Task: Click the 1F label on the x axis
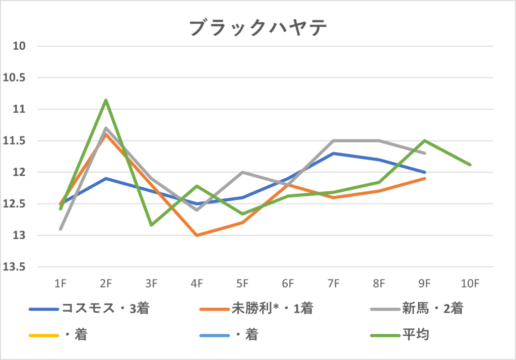click(x=60, y=284)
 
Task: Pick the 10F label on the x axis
click(x=470, y=284)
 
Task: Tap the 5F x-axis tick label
click(x=242, y=284)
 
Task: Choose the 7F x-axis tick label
click(x=334, y=284)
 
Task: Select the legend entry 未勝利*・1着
click(x=273, y=308)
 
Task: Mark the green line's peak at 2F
click(x=106, y=100)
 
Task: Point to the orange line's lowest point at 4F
click(x=197, y=235)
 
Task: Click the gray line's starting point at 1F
click(x=60, y=229)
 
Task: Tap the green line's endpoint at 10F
click(x=470, y=165)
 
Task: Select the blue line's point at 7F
click(x=334, y=153)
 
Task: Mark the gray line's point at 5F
click(x=242, y=172)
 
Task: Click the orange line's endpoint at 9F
click(x=425, y=178)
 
